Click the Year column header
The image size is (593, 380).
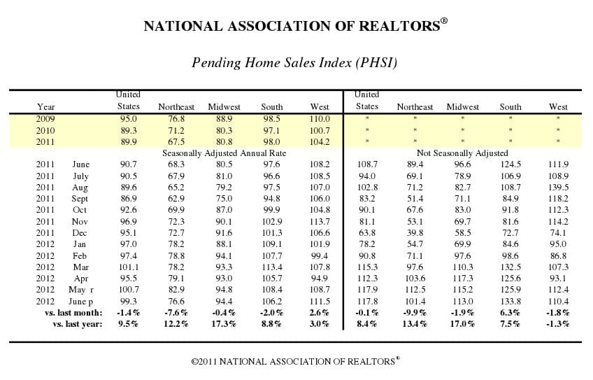click(x=45, y=107)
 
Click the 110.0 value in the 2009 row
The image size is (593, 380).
click(x=319, y=119)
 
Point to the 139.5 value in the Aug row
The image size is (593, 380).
click(x=558, y=188)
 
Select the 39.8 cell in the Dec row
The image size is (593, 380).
click(x=415, y=232)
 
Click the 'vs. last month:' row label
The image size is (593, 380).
click(x=73, y=312)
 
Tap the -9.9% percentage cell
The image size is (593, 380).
click(x=415, y=312)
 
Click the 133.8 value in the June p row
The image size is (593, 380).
click(x=510, y=300)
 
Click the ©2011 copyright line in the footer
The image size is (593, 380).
click(x=296, y=362)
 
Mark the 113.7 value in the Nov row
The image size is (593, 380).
click(x=319, y=221)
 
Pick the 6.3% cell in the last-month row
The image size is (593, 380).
click(x=510, y=312)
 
